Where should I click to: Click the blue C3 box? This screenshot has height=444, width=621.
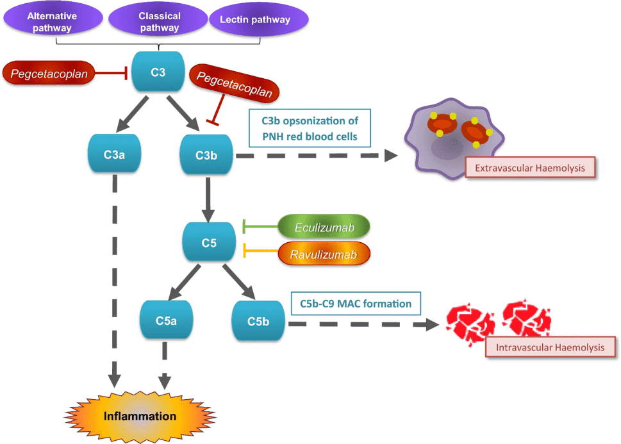158,72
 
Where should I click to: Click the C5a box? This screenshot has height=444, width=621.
166,321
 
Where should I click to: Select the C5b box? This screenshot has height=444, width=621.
258,321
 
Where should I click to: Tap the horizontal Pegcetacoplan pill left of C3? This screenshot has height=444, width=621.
49,74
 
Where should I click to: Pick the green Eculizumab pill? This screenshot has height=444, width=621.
325,227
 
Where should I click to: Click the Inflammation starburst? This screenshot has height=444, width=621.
140,416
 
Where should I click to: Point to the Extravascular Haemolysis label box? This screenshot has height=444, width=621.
530,169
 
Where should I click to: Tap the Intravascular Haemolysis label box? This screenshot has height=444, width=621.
551,347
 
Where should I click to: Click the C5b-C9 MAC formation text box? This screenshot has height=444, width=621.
355,303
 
